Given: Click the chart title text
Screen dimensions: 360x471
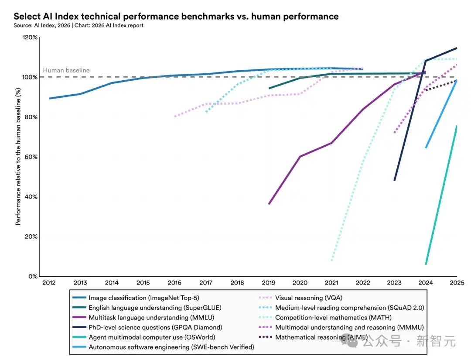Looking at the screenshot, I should tap(176, 17).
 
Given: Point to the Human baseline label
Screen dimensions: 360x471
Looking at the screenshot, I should tap(66, 70).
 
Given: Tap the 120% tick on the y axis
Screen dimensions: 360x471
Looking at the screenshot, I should tap(30, 38).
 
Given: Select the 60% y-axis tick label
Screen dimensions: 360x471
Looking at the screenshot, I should tap(31, 157).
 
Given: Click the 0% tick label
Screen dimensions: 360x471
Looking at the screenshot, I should tap(33, 277).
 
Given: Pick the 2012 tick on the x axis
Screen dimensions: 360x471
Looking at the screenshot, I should tap(49, 283).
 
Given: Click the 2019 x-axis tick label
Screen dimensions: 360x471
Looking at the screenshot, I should tap(268, 283).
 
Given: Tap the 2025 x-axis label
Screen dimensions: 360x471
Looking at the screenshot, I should tap(456, 283).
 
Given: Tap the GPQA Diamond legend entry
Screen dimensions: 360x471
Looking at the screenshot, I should tap(155, 327).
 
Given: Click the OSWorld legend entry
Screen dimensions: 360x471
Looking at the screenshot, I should tap(152, 337).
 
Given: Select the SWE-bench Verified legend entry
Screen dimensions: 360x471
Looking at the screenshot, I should tap(171, 347).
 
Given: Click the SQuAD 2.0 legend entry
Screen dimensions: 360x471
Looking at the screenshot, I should tap(349, 308).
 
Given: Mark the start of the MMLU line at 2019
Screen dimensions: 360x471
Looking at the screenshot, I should tap(269, 204).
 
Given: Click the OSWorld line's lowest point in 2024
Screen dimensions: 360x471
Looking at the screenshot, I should tap(426, 264).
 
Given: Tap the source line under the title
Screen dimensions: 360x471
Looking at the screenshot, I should tap(78, 25).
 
